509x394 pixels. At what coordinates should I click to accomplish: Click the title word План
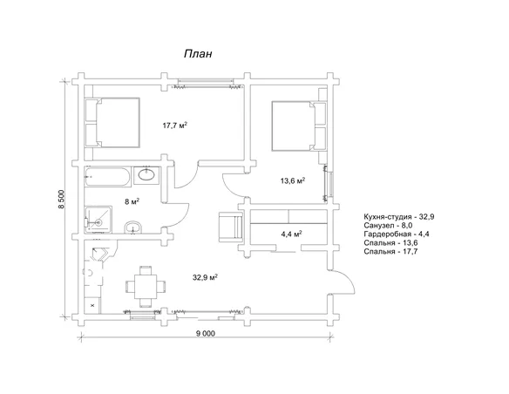(x=198, y=53)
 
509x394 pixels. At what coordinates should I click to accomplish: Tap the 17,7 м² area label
(x=175, y=126)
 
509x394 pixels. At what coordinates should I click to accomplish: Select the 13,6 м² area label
(x=293, y=180)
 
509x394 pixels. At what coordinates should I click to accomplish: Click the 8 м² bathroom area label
(x=132, y=201)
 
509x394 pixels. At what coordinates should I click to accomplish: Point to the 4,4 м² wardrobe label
(x=292, y=234)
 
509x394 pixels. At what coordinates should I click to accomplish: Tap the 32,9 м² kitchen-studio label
(x=205, y=277)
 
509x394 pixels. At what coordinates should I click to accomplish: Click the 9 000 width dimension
(x=205, y=333)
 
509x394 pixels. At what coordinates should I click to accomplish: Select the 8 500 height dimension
(x=62, y=199)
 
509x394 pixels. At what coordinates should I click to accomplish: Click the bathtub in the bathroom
(x=108, y=177)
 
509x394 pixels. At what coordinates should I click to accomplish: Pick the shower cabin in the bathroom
(x=98, y=220)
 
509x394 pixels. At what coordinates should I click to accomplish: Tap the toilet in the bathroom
(x=133, y=228)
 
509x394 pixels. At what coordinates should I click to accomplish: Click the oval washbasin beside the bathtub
(x=146, y=174)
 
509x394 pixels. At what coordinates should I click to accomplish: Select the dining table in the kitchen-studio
(x=146, y=287)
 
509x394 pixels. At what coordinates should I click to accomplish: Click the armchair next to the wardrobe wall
(x=231, y=227)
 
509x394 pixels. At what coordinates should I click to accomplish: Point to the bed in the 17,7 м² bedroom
(x=112, y=122)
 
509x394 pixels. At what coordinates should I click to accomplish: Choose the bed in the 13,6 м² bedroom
(x=299, y=126)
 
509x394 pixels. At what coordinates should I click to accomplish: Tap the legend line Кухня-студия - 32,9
(x=399, y=217)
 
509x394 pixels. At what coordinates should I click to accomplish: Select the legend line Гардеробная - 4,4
(x=397, y=234)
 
